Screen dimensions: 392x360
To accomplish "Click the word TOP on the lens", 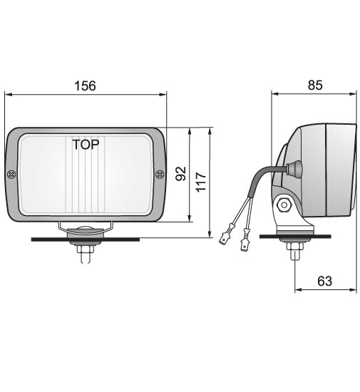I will point(86,143).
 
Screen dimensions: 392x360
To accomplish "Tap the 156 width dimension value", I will point(85,85).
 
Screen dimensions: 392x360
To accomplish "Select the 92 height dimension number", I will point(180,174).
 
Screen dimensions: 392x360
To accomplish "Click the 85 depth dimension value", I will point(315,85).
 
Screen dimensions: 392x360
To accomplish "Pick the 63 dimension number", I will point(324,281).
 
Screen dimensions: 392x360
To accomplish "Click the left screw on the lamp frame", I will point(11,175).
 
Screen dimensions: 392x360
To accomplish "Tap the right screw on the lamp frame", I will point(159,174).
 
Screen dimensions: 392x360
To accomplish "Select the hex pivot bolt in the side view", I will point(284,205).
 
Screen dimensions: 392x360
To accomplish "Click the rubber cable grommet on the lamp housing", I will point(292,167).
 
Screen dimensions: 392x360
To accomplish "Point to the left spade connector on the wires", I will point(225,234).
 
